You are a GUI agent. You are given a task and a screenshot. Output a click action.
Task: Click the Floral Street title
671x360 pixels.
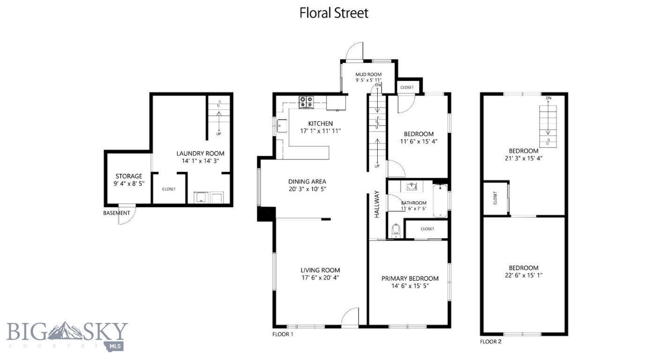334,13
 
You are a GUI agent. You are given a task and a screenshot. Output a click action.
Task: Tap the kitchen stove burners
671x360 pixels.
306,101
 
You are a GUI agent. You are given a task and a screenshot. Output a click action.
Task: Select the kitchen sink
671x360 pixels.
282,126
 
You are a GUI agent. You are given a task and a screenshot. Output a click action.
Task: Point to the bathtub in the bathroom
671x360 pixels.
440,201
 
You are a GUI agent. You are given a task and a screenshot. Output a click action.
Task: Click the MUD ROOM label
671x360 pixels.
368,74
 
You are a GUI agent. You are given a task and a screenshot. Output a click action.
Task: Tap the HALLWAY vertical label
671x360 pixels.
376,204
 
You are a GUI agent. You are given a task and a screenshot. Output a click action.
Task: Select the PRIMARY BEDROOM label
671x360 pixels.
410,278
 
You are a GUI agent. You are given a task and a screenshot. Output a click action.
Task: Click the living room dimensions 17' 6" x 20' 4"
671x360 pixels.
320,277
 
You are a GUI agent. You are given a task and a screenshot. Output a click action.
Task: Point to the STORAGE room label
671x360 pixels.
129,176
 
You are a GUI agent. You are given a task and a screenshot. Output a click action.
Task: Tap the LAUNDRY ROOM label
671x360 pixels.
200,153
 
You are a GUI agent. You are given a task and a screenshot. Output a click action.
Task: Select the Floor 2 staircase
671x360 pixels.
547,124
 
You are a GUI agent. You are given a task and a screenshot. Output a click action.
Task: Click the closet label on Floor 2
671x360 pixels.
495,199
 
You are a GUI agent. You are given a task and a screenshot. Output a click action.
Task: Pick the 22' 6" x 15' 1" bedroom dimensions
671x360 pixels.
523,275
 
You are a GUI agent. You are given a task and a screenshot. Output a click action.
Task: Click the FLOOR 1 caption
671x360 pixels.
283,334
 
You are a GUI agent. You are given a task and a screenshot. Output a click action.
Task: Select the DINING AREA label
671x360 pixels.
307,181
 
